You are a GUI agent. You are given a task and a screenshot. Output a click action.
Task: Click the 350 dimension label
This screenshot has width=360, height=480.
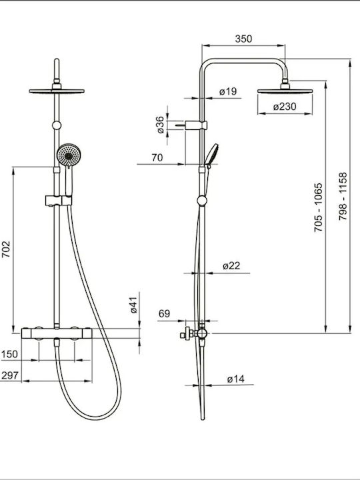[244, 39]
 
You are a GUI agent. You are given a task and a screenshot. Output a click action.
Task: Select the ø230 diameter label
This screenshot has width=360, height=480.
[285, 107]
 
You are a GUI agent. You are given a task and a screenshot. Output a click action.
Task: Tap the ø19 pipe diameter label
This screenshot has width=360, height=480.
[228, 91]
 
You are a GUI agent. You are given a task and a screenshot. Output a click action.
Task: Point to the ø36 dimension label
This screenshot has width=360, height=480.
[161, 125]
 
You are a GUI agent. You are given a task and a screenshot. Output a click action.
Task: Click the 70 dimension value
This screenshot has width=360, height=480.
[157, 157]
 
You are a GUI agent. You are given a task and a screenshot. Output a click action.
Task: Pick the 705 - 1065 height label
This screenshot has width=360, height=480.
[319, 207]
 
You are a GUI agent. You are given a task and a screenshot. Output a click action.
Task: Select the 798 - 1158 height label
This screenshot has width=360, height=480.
[343, 196]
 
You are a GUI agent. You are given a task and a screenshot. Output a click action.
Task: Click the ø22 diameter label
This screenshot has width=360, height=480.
[231, 266]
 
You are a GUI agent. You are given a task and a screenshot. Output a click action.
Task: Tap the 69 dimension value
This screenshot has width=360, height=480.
[164, 314]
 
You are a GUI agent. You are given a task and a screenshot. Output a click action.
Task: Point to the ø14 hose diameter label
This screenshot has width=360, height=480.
[236, 379]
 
